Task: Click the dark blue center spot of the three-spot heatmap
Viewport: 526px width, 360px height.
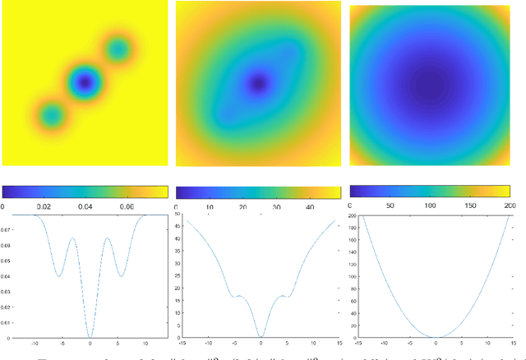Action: point(83,81)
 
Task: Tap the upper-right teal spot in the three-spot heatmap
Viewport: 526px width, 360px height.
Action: point(118,50)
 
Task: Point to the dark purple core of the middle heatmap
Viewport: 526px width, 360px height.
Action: point(259,82)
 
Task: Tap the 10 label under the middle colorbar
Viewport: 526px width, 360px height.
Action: point(208,208)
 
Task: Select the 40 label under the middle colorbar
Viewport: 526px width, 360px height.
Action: point(308,208)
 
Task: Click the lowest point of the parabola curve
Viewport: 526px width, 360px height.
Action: point(436,337)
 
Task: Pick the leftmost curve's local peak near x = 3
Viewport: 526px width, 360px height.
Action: point(106,239)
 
